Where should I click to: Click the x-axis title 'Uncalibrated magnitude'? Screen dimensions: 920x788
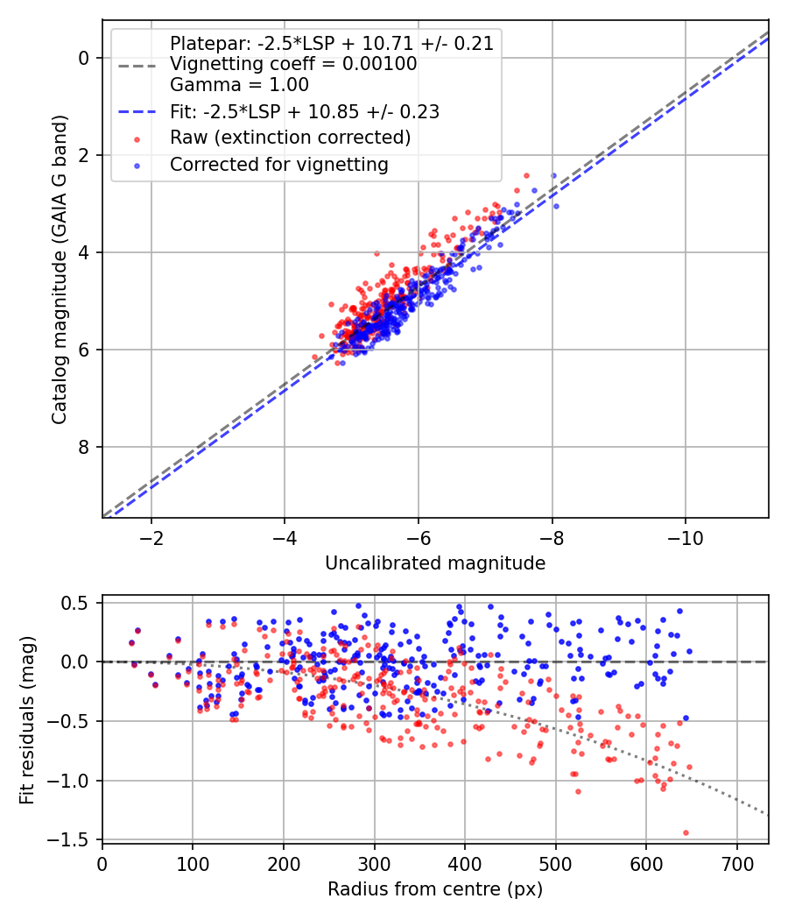(x=435, y=563)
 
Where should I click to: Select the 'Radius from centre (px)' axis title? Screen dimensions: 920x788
(x=435, y=889)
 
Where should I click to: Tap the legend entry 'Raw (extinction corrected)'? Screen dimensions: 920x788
(x=290, y=138)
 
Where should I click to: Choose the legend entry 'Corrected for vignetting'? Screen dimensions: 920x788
(x=278, y=164)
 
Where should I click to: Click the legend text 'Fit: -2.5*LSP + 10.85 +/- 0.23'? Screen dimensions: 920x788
(x=305, y=112)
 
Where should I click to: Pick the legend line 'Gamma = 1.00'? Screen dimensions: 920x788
(x=239, y=86)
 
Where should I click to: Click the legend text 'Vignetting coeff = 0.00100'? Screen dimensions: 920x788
(x=293, y=65)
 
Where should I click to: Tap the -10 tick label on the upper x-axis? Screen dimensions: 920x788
(x=685, y=536)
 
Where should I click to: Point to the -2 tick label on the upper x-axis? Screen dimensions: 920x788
(x=151, y=536)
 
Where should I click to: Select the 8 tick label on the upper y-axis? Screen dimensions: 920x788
(x=84, y=447)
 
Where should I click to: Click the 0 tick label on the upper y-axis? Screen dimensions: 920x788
(x=84, y=58)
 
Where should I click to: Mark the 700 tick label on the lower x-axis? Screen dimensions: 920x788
(x=736, y=862)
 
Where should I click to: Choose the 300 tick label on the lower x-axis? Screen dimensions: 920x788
(x=374, y=862)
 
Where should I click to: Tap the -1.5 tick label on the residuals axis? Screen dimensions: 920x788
(x=70, y=839)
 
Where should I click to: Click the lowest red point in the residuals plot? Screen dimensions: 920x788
(x=686, y=832)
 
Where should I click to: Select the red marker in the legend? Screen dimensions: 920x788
(x=136, y=138)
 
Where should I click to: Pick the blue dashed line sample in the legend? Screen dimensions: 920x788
(x=136, y=112)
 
